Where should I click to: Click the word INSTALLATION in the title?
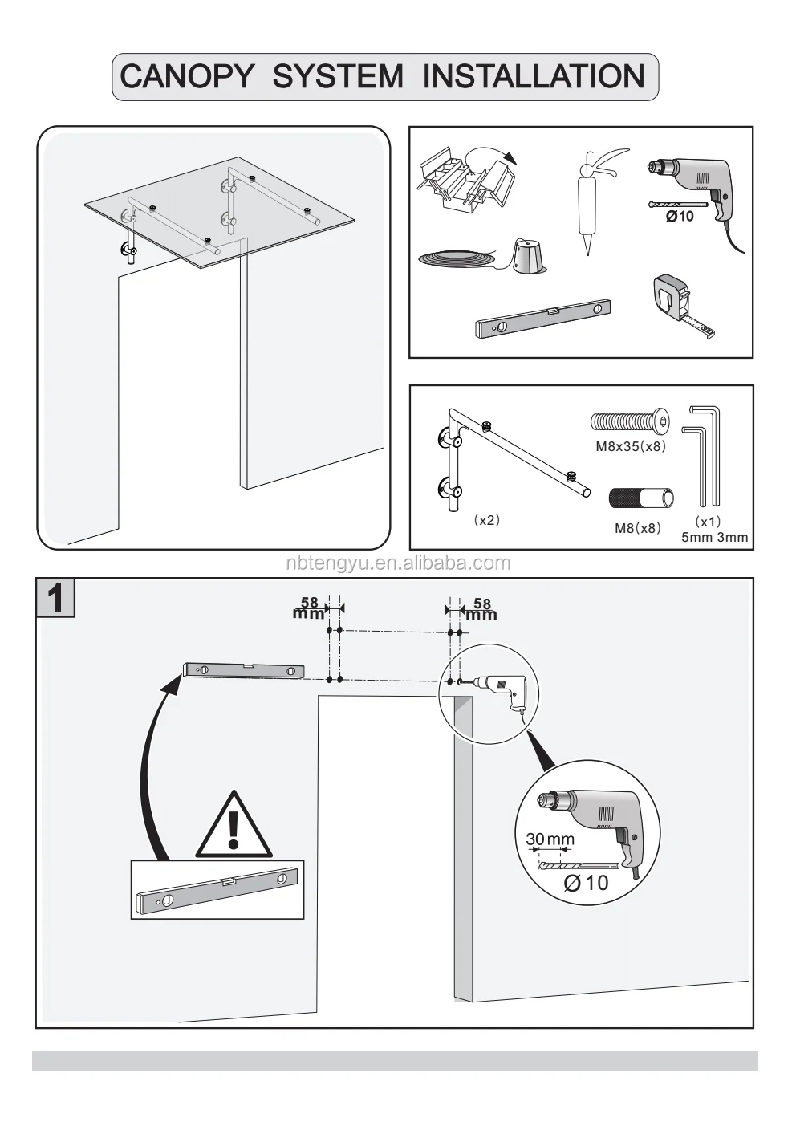tap(534, 77)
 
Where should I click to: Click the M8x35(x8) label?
tap(631, 446)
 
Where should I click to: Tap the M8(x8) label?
tap(637, 528)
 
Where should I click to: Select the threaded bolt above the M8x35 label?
tap(631, 420)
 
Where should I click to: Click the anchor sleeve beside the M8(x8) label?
tap(640, 498)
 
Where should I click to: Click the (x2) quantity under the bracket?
tap(486, 520)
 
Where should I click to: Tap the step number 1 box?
tap(56, 599)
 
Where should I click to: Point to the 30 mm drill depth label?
tap(550, 839)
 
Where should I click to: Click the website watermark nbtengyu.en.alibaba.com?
tap(397, 563)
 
